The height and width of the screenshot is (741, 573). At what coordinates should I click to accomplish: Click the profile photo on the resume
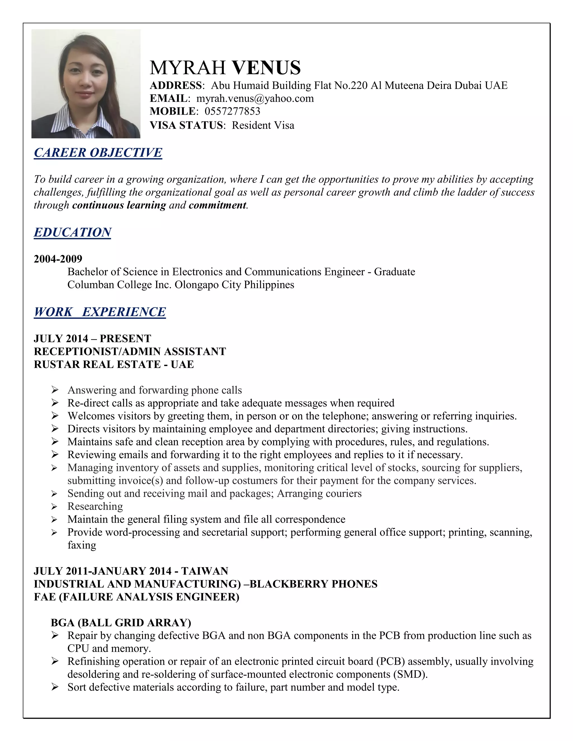(x=86, y=84)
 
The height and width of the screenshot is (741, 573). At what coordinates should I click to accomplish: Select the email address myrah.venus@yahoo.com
(x=255, y=98)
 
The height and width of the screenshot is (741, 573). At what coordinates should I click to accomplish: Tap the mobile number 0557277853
(x=232, y=111)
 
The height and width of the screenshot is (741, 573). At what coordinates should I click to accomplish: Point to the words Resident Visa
(x=263, y=126)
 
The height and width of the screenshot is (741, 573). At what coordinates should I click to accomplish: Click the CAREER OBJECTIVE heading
(x=98, y=153)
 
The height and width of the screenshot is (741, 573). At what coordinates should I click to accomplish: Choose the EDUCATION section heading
(x=73, y=232)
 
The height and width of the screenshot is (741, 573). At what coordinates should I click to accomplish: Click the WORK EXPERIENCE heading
(x=100, y=312)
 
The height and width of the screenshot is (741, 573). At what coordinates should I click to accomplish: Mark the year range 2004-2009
(x=58, y=259)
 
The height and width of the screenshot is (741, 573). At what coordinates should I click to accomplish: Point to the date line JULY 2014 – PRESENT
(x=93, y=339)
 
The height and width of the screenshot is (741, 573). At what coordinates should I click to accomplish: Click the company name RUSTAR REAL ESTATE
(x=97, y=364)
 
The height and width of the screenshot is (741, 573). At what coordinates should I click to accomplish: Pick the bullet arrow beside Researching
(x=55, y=507)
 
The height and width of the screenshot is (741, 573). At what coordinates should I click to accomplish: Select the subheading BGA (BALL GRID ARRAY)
(x=121, y=623)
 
